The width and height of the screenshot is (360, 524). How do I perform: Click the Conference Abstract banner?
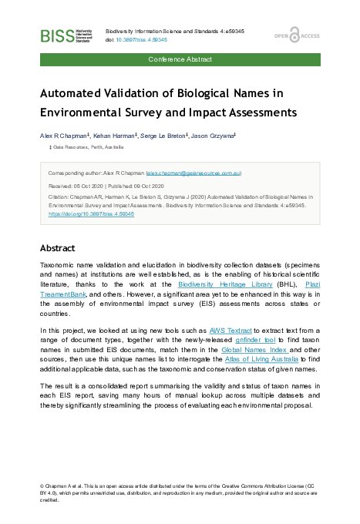[x=180, y=59]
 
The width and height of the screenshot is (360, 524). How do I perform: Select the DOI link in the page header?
[x=140, y=39]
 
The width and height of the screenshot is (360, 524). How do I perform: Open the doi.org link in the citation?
[x=91, y=213]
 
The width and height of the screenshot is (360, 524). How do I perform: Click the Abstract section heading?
[x=57, y=249]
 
